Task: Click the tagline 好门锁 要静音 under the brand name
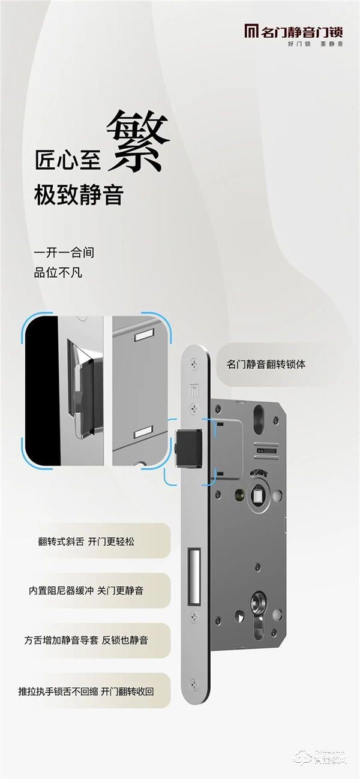(x=315, y=44)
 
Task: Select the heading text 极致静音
(x=79, y=196)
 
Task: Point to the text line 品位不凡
(x=58, y=273)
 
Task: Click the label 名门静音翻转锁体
(x=266, y=364)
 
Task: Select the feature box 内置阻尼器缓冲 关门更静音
(x=86, y=591)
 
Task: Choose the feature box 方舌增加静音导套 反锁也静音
(x=86, y=640)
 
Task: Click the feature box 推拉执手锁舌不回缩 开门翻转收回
(x=86, y=691)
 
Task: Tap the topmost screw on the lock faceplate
(x=193, y=362)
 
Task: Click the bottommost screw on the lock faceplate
(x=193, y=682)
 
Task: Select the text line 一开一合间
(x=64, y=252)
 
